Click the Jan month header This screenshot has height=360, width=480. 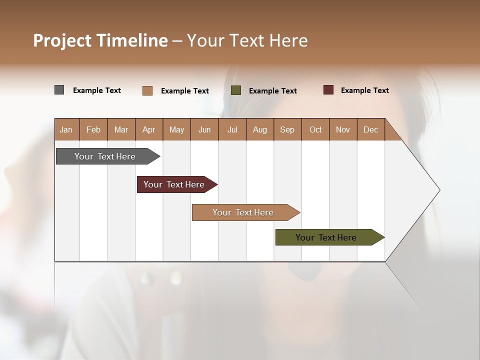(66, 129)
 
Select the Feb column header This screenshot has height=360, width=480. (93, 129)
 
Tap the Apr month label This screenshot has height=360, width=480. (148, 129)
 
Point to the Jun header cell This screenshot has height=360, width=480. (204, 129)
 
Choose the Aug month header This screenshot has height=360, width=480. (259, 129)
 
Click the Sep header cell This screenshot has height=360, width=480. (287, 129)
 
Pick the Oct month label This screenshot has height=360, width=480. (315, 129)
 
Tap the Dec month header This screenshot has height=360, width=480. (370, 129)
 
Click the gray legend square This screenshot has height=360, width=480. (59, 90)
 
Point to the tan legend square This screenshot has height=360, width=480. (147, 90)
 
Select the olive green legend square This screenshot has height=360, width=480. (236, 90)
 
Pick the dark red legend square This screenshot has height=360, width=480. (328, 90)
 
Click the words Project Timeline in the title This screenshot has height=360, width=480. (100, 40)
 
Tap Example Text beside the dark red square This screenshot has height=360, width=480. (364, 90)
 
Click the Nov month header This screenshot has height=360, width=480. (343, 129)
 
